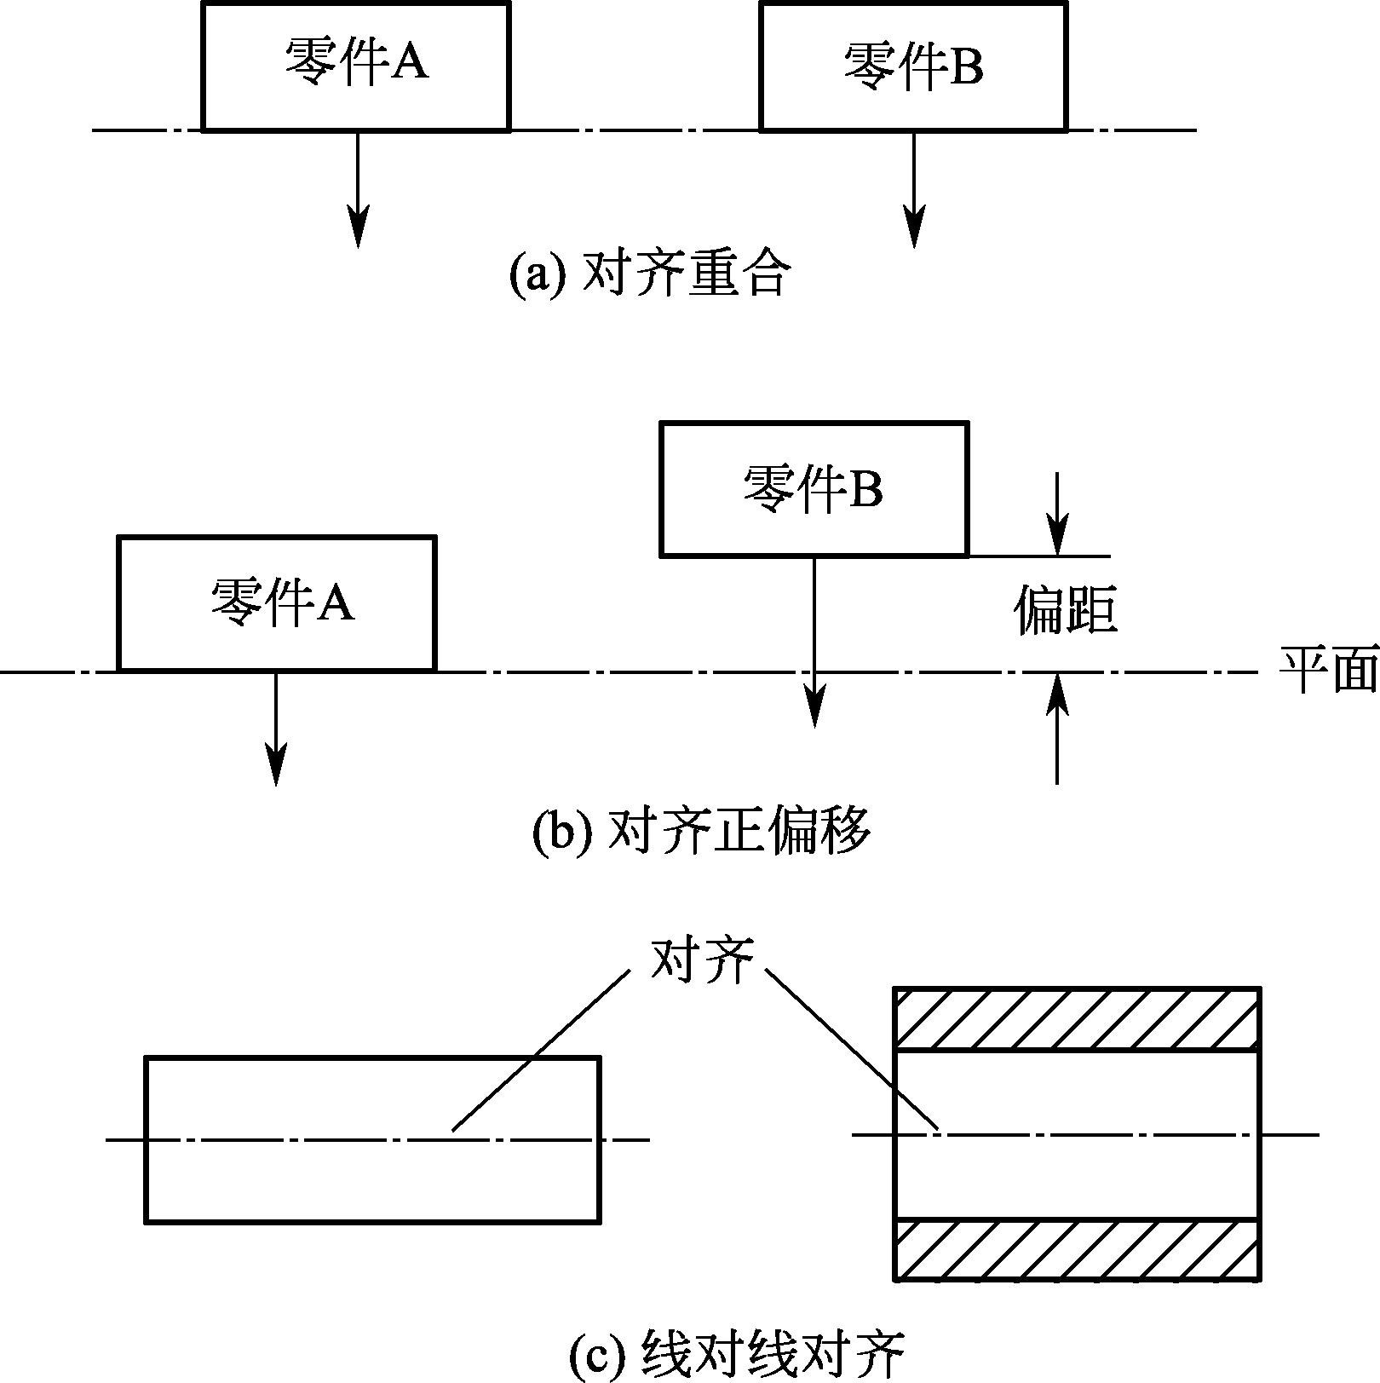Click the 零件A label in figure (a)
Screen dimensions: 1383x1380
tap(356, 61)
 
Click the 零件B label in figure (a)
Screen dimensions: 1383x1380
tap(913, 66)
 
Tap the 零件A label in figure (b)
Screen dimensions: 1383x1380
tap(282, 602)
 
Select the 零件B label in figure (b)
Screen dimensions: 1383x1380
tap(813, 488)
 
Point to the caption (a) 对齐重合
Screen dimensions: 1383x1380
tap(650, 274)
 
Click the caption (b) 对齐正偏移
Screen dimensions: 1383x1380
tap(700, 830)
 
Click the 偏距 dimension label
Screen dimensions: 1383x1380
tap(1065, 610)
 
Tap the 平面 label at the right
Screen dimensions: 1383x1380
tap(1328, 670)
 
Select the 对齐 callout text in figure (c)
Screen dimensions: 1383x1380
tap(701, 960)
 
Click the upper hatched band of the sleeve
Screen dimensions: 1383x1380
tap(1077, 1019)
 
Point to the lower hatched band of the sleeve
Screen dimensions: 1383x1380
tap(1077, 1250)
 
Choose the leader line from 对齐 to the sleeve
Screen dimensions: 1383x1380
tap(852, 1049)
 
